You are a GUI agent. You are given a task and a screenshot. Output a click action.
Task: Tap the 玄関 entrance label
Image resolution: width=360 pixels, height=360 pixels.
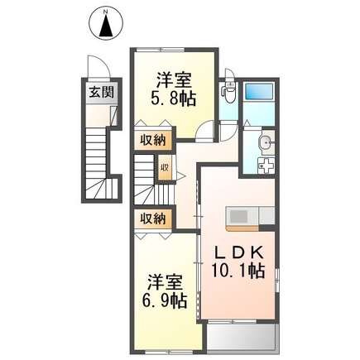98,91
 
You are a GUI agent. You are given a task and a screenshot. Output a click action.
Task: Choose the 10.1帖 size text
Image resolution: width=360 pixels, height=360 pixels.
241,271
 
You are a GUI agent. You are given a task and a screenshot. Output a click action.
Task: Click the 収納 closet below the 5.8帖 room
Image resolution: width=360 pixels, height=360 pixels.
151,140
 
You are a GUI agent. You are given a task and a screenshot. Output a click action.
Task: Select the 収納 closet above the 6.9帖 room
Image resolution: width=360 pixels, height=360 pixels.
151,218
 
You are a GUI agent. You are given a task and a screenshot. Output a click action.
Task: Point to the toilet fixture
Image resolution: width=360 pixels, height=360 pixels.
230,94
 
